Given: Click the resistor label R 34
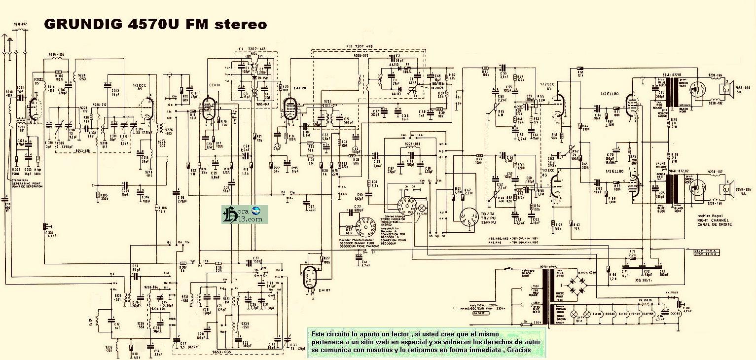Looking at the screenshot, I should [x=375, y=183].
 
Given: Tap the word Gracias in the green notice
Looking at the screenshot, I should [x=516, y=350].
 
